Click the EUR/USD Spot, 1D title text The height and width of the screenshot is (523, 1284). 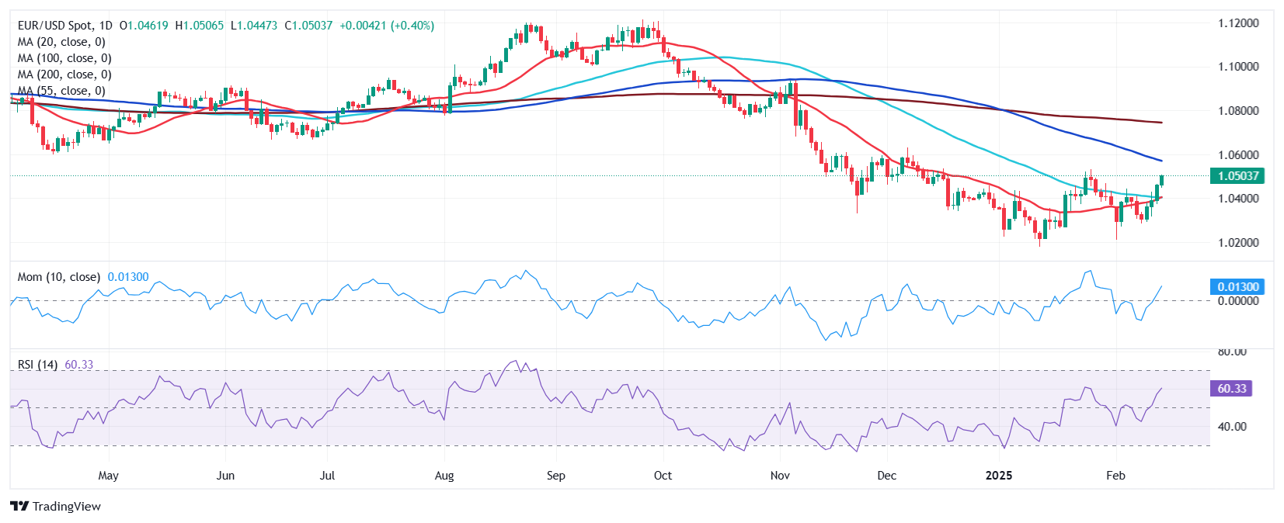click(x=65, y=26)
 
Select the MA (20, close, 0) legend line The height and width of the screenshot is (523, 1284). click(x=61, y=42)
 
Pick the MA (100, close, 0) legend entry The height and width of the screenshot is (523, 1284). click(x=64, y=58)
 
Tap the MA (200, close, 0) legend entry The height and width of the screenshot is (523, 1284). click(x=64, y=74)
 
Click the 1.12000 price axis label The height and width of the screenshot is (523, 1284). click(x=1238, y=23)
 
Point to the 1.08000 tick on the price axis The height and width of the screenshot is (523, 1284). click(x=1238, y=111)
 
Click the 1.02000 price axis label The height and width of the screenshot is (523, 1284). click(x=1238, y=243)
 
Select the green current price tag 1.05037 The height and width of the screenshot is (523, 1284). click(x=1237, y=176)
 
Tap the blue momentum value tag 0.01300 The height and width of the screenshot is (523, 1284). click(x=1237, y=287)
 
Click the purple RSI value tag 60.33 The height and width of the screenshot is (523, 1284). click(x=1231, y=389)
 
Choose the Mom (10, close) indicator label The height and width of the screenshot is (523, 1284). click(x=59, y=277)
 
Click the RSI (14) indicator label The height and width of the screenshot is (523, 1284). click(x=37, y=365)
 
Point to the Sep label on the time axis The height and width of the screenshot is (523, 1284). click(x=555, y=476)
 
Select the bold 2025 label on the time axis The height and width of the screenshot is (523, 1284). click(x=998, y=476)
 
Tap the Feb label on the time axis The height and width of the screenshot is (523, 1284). click(x=1115, y=476)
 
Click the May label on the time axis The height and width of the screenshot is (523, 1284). click(x=109, y=476)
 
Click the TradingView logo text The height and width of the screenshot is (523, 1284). click(x=57, y=507)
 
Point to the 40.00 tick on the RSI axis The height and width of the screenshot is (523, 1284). click(x=1231, y=427)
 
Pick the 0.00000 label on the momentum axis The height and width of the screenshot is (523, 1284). click(x=1238, y=301)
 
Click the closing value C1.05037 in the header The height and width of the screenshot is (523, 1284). click(x=308, y=26)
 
